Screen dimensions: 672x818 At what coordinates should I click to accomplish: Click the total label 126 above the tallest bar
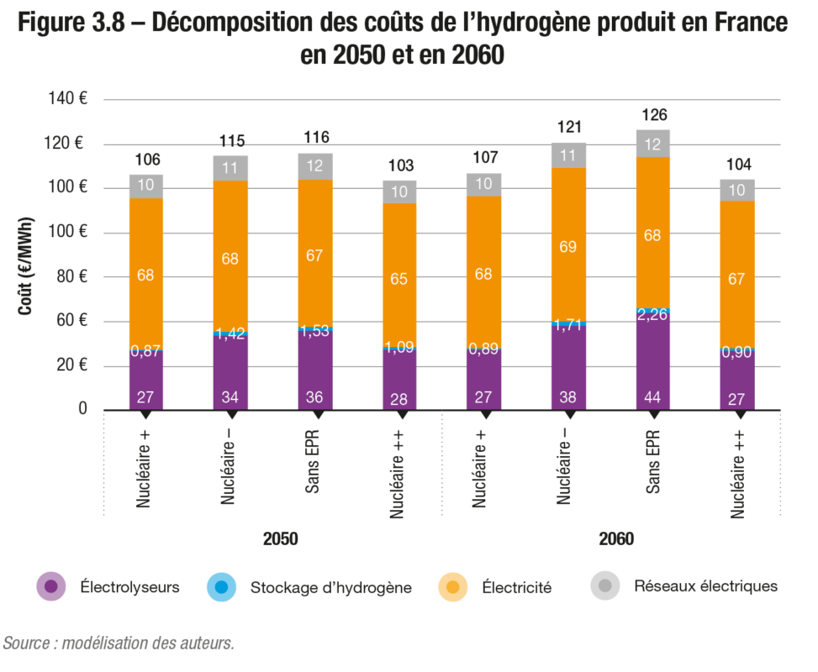[x=653, y=114]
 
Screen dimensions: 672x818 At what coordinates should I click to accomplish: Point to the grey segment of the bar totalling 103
[x=399, y=192]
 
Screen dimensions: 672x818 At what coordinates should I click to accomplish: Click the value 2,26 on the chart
[x=653, y=314]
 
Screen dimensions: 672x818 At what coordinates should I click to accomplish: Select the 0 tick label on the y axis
[x=82, y=409]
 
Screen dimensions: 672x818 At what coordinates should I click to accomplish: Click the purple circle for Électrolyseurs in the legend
[x=51, y=586]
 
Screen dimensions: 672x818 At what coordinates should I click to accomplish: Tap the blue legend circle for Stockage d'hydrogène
[x=221, y=586]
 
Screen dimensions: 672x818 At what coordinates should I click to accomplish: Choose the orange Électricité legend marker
[x=453, y=586]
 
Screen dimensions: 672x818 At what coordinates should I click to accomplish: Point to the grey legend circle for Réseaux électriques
[x=604, y=586]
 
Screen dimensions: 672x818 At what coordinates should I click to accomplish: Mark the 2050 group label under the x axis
[x=280, y=538]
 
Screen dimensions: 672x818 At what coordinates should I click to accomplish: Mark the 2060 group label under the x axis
[x=615, y=538]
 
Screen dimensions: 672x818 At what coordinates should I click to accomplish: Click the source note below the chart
[x=118, y=643]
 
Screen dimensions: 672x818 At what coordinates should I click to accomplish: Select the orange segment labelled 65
[x=399, y=279]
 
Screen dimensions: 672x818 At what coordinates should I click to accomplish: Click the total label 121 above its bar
[x=569, y=127]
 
